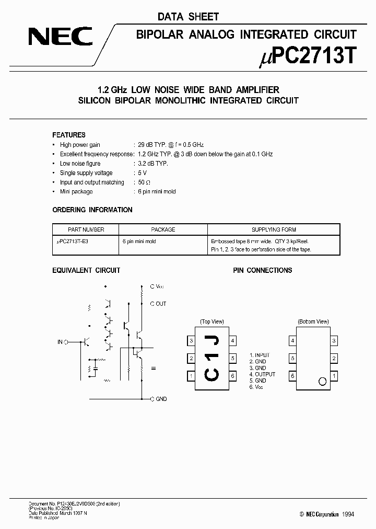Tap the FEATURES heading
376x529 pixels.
click(x=69, y=134)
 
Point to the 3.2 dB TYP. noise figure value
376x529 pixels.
click(x=153, y=164)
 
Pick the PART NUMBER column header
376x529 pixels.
click(x=86, y=229)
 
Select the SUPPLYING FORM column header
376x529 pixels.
click(x=274, y=229)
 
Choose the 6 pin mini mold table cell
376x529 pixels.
click(x=139, y=241)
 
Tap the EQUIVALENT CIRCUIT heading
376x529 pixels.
click(x=86, y=270)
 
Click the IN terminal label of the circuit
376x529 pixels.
click(x=60, y=342)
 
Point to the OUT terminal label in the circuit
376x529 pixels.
click(x=161, y=304)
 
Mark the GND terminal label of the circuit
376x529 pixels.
click(x=161, y=399)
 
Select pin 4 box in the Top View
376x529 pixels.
click(x=232, y=341)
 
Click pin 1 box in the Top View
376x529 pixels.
click(x=192, y=376)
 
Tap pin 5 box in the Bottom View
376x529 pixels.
click(x=292, y=359)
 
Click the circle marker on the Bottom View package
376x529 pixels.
click(x=322, y=381)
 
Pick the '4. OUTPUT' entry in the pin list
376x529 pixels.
click(x=262, y=374)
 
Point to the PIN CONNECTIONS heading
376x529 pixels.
click(x=262, y=270)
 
